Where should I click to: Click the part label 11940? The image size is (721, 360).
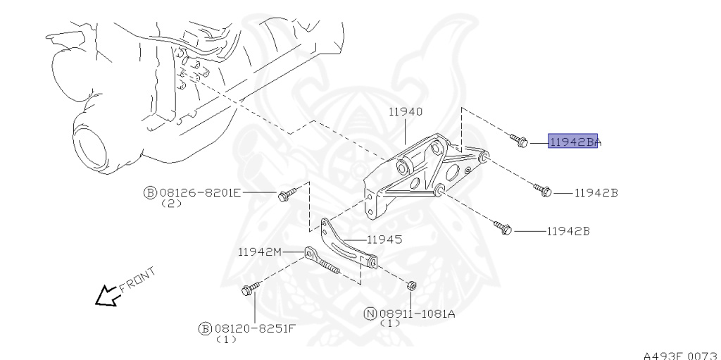point(405,111)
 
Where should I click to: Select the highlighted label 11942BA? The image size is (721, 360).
point(573,142)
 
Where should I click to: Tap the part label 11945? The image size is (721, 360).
point(384,240)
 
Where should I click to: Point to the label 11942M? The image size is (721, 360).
point(259,252)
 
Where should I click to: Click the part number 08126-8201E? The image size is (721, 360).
point(200,192)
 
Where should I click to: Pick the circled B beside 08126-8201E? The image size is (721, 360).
point(150,192)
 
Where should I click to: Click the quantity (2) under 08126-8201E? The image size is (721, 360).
point(171,204)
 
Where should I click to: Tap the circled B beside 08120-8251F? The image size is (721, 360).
point(205,328)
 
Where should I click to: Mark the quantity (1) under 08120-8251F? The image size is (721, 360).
point(226,340)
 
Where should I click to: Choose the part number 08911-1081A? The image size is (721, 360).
point(417,314)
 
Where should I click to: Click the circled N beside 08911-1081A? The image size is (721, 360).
point(370,314)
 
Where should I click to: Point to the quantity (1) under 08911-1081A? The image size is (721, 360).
point(390,324)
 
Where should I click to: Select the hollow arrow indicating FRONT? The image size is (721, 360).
point(107,296)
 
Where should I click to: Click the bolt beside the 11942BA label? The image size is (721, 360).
point(519,141)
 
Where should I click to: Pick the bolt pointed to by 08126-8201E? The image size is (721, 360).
point(285,194)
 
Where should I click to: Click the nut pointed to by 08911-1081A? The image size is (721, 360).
point(412,286)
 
